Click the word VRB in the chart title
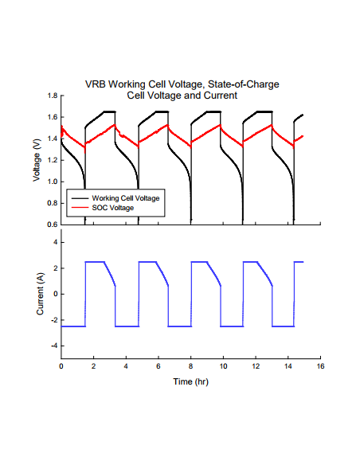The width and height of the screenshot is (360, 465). [96, 84]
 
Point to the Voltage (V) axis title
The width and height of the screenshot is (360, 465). [37, 160]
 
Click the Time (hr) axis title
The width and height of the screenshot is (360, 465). [191, 381]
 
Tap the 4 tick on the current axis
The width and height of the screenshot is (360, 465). [56, 241]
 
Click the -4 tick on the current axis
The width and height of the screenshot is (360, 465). [54, 346]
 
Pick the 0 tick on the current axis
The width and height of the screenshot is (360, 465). [56, 294]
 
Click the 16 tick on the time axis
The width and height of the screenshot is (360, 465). [320, 367]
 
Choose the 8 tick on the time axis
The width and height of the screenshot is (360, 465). [191, 367]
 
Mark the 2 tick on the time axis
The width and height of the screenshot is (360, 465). [94, 367]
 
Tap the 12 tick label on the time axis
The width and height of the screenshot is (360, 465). [256, 367]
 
